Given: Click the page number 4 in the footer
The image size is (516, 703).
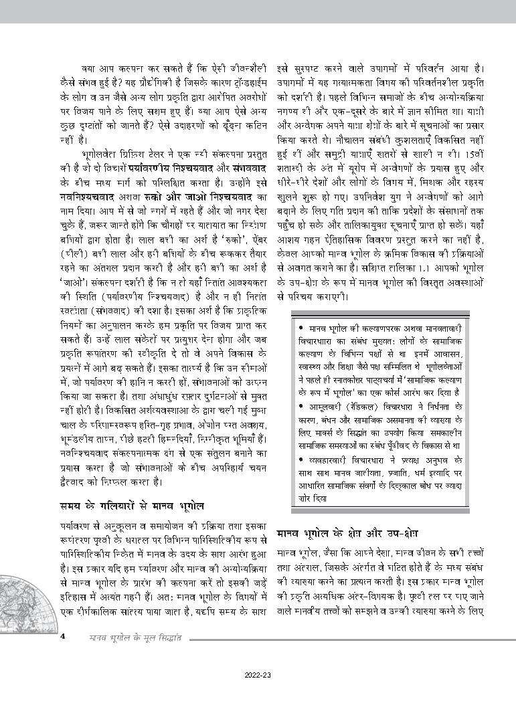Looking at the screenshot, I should (62, 635).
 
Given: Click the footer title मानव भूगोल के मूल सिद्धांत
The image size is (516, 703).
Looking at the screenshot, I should (140, 636).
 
